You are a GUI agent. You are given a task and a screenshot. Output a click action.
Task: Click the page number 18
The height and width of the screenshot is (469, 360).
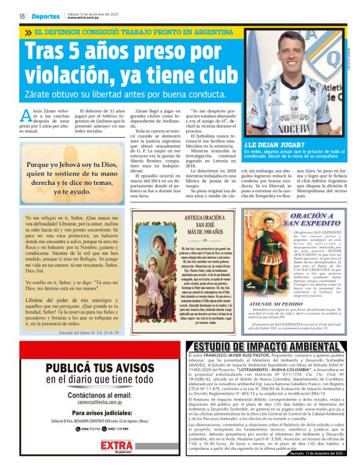coord(21,17)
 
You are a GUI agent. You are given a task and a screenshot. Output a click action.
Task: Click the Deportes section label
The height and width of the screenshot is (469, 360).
coord(47,17)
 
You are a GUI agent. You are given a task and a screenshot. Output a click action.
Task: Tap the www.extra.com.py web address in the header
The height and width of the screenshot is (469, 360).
coord(84,18)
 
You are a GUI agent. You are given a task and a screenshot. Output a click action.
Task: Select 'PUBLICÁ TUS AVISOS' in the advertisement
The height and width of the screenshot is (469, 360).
coord(99,368)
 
